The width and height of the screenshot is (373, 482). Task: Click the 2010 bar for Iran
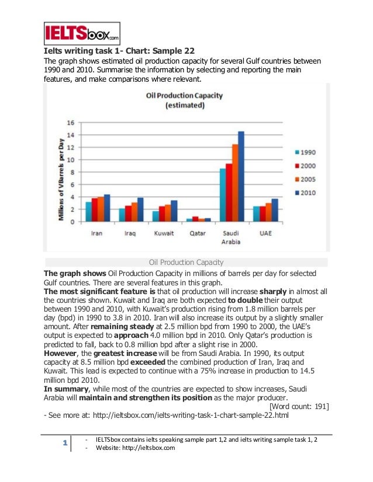coord(106,208)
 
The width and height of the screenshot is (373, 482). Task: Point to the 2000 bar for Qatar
coord(195,219)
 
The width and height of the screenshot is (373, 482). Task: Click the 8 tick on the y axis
coord(72,172)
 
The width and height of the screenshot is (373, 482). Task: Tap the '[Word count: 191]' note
coord(298,406)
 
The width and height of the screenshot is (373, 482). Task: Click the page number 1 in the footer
coord(64,444)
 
